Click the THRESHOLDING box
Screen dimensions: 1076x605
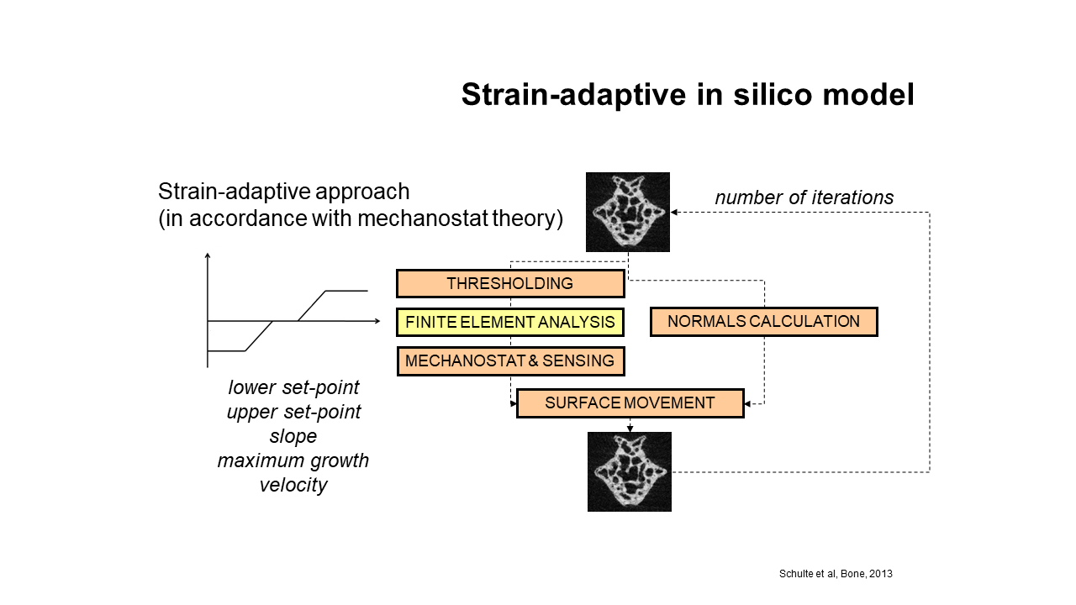tap(510, 283)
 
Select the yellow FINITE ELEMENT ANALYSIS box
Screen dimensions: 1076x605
tap(510, 322)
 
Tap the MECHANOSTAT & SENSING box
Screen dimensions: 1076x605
tap(510, 360)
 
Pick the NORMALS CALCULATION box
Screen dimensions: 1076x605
tap(764, 321)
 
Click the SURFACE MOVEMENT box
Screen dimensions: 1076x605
tap(630, 402)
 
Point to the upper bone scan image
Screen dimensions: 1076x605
tap(628, 212)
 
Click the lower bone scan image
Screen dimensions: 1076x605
tap(630, 471)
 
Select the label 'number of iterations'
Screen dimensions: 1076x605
tap(804, 197)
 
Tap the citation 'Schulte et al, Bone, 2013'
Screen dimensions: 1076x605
tap(836, 574)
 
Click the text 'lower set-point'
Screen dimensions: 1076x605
tap(293, 387)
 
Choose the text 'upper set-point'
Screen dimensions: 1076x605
tap(293, 412)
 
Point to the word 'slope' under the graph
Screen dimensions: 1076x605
tap(293, 436)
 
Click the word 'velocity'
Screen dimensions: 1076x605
tap(293, 485)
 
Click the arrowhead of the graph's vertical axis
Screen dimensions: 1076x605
tap(208, 255)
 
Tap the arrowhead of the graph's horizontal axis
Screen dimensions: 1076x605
tap(377, 321)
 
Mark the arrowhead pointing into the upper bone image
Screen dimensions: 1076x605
tap(674, 213)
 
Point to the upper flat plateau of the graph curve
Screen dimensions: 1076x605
tap(346, 291)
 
